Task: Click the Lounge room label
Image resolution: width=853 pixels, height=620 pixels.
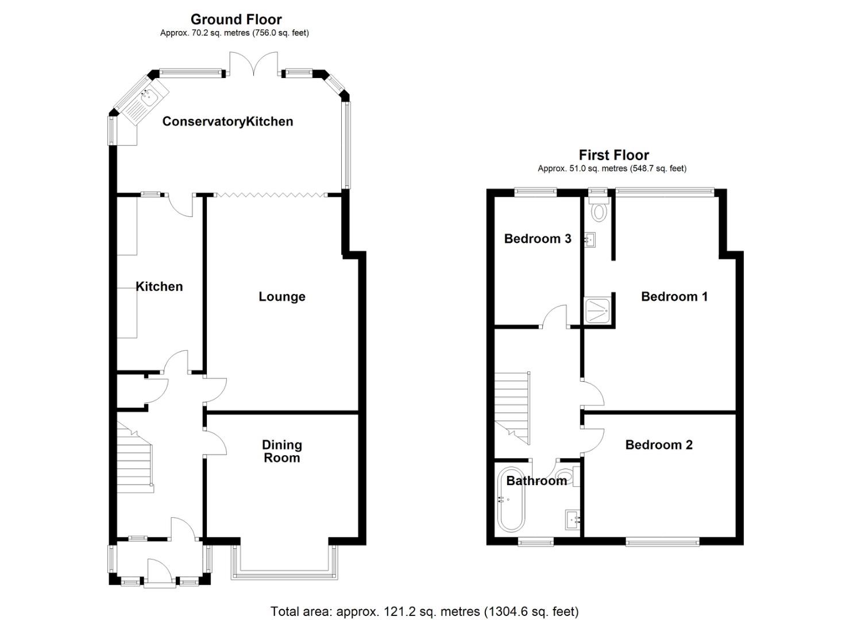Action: tap(281, 297)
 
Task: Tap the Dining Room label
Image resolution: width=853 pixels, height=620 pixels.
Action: tap(281, 451)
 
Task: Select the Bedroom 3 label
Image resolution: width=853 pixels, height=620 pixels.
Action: tap(537, 239)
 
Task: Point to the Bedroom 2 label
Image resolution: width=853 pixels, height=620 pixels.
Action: tap(658, 445)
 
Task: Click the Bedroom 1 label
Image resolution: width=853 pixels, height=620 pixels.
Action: tap(674, 297)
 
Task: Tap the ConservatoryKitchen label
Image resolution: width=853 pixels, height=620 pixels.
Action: tap(227, 122)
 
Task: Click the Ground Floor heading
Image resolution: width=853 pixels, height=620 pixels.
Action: tap(236, 20)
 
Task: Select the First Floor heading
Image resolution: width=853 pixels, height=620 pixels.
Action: tap(613, 155)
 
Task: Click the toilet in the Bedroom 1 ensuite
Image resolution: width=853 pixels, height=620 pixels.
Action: tap(599, 212)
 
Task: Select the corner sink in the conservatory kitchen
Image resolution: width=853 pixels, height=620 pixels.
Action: tap(148, 99)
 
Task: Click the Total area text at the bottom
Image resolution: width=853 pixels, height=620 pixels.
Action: tap(424, 611)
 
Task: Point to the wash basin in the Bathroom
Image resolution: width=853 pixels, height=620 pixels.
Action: tap(573, 519)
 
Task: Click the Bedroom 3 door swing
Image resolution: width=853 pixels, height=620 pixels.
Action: tap(555, 316)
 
